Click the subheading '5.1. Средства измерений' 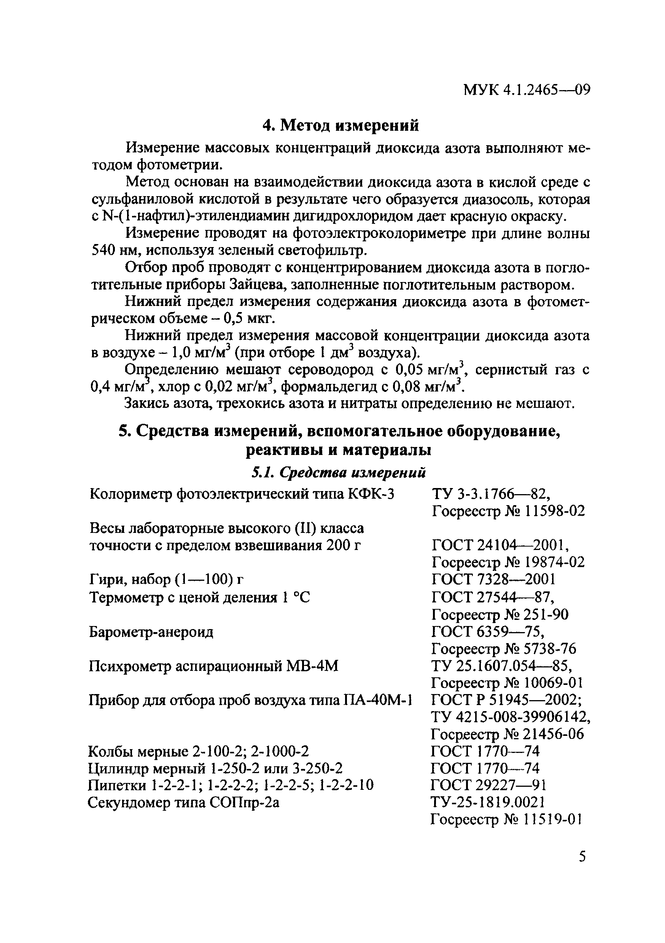338,473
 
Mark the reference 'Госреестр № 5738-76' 503,648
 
